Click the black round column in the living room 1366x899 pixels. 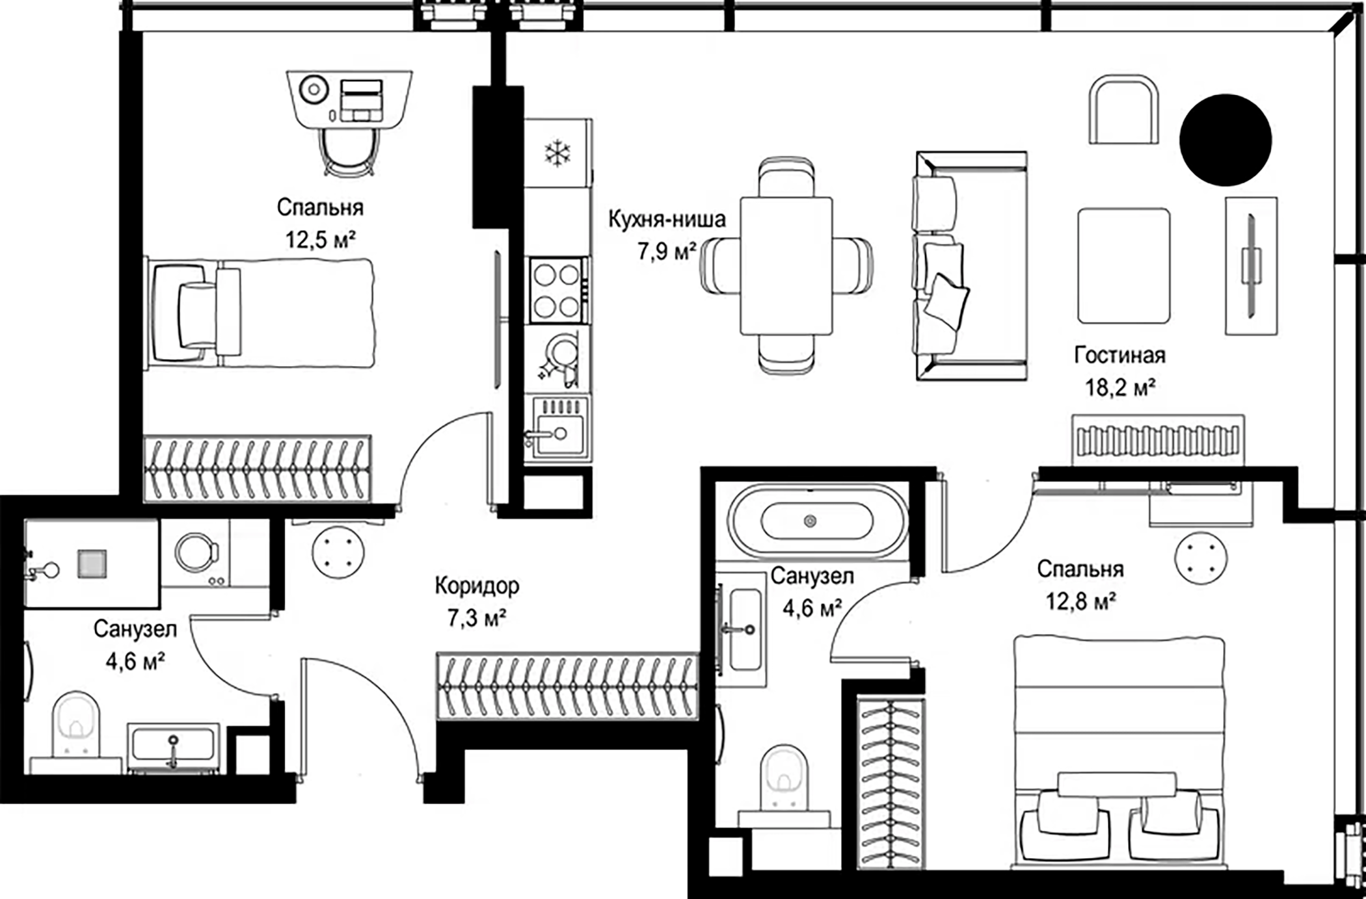click(x=1225, y=140)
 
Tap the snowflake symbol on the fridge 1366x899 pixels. click(x=557, y=153)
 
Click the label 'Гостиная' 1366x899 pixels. click(x=1119, y=356)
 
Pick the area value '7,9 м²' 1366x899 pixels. click(x=667, y=251)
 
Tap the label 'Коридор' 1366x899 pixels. click(x=477, y=586)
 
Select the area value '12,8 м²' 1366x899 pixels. click(x=1080, y=601)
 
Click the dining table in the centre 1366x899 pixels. click(x=786, y=266)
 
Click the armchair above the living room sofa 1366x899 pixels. click(x=1123, y=109)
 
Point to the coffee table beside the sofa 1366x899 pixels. click(x=1123, y=266)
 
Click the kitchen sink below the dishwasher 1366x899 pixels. click(x=557, y=428)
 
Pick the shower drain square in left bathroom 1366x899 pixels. click(x=92, y=564)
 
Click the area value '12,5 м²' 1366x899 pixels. click(x=320, y=240)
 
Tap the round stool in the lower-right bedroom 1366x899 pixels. click(x=1201, y=558)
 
